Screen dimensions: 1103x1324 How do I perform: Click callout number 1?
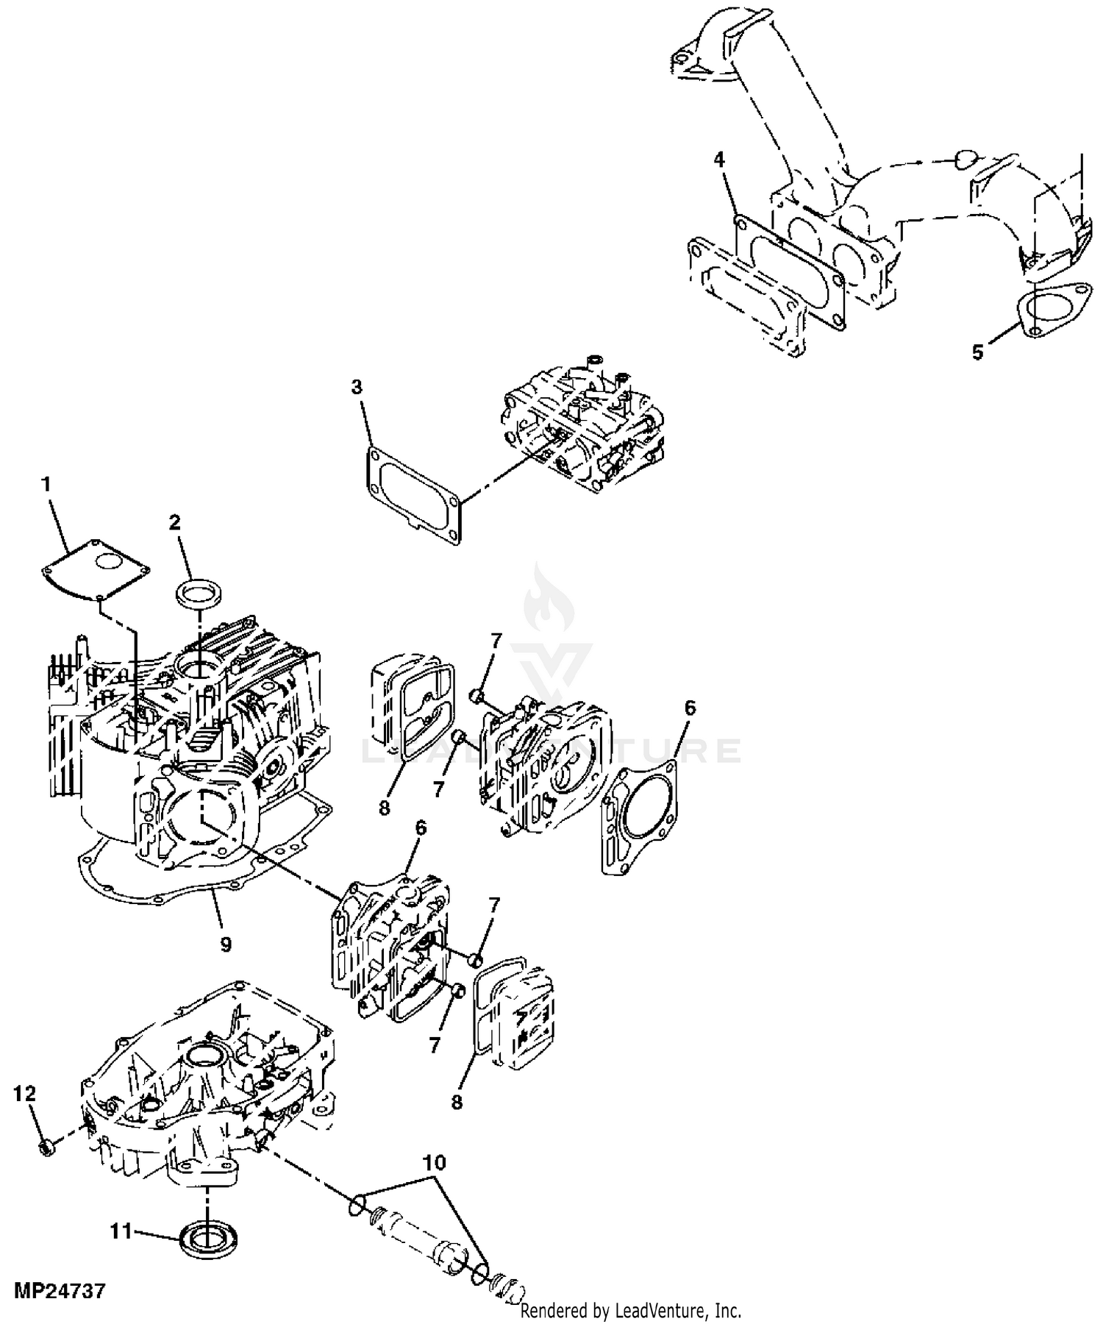click(46, 484)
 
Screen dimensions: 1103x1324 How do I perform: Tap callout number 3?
click(357, 387)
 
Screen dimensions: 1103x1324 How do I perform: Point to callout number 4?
click(720, 158)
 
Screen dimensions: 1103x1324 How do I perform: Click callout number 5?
click(977, 352)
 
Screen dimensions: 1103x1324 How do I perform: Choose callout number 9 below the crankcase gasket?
click(226, 944)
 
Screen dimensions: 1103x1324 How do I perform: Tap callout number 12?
click(24, 1093)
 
